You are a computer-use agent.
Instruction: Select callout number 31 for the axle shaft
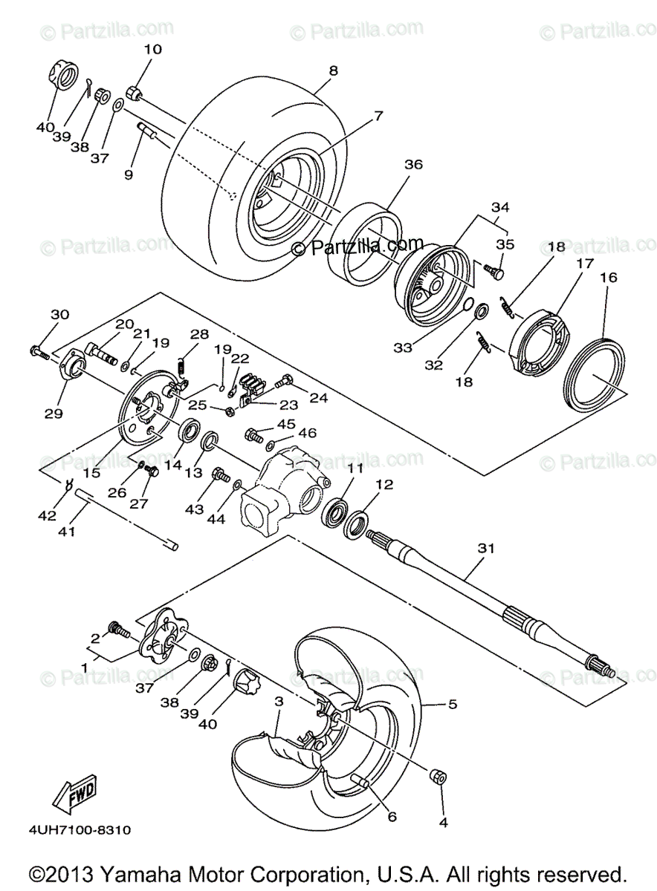(486, 548)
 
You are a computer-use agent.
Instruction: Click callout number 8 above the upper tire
(333, 71)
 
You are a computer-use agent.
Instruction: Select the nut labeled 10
(136, 94)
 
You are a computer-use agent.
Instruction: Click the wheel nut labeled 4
(438, 777)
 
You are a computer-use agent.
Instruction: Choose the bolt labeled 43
(221, 474)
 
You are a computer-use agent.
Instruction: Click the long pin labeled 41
(126, 520)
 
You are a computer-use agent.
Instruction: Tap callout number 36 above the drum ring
(414, 165)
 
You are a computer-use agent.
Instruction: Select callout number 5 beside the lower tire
(452, 703)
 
